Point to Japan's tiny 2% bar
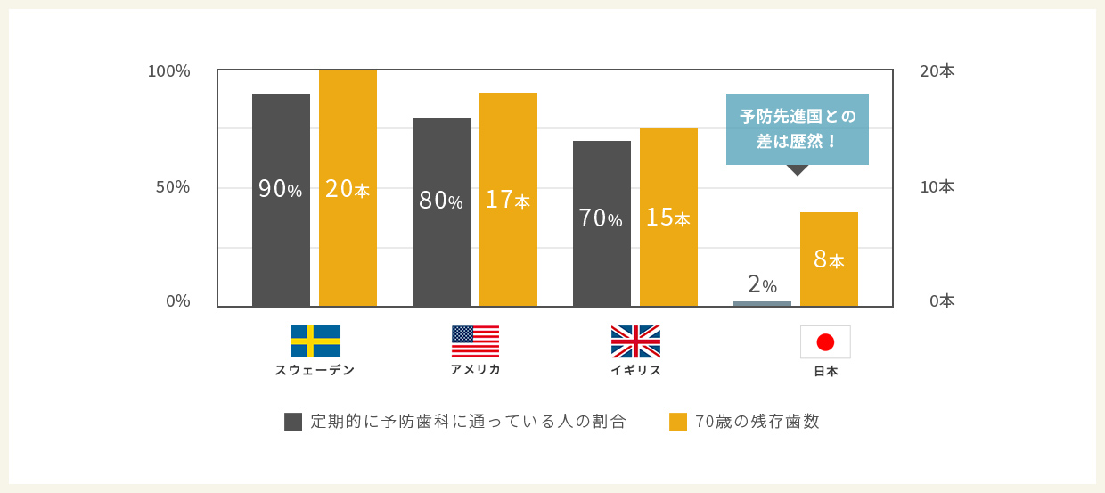tap(762, 304)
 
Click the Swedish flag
tap(315, 341)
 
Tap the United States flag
tap(475, 341)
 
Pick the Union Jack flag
tap(635, 341)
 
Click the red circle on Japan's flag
tap(825, 341)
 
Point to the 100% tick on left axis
tap(169, 71)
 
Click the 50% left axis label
tap(173, 187)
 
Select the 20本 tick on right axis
tap(937, 71)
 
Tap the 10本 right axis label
tap(937, 187)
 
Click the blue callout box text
tap(798, 129)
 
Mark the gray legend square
tap(293, 422)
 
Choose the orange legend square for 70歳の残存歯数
tap(678, 422)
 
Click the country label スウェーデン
tap(315, 370)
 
